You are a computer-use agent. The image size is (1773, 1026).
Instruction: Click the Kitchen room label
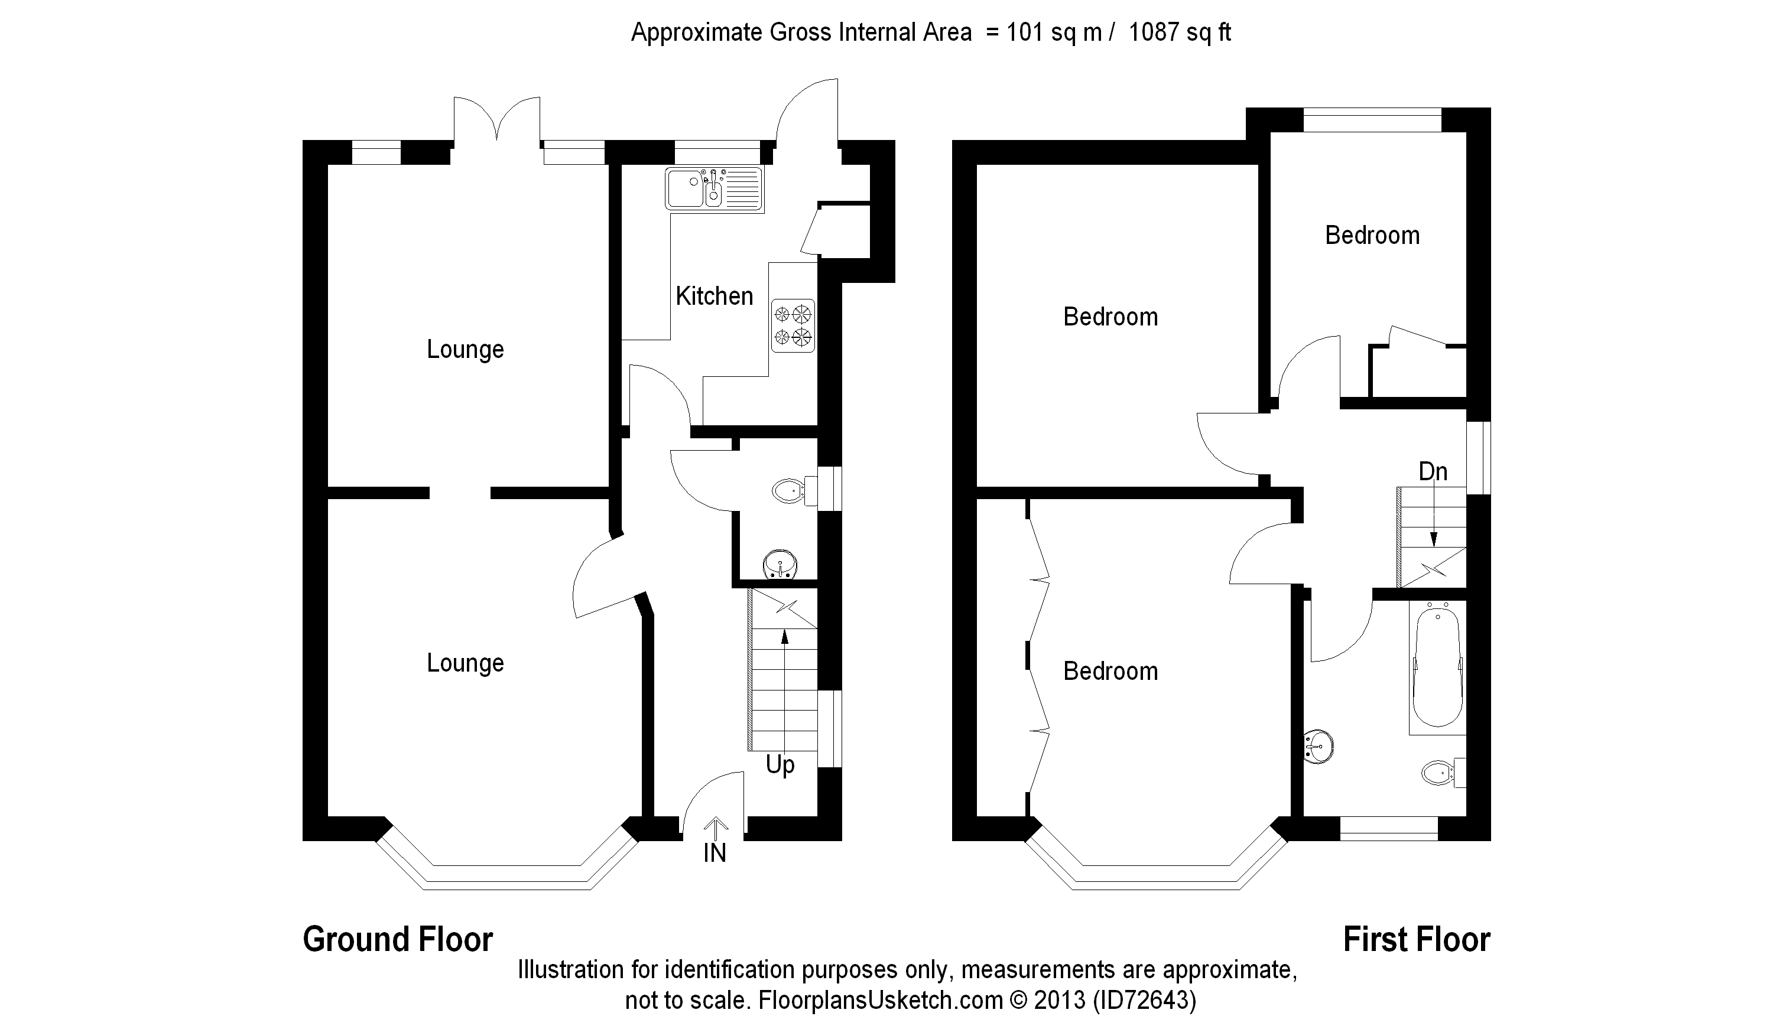tap(714, 296)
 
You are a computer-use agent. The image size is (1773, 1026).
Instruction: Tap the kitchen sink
tap(714, 188)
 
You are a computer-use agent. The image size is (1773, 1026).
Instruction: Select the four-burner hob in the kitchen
tap(793, 325)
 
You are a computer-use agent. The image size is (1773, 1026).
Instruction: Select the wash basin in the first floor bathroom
tap(1319, 746)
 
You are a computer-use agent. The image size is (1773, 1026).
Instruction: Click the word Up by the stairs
tap(780, 765)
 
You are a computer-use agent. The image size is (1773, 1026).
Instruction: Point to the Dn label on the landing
tap(1433, 471)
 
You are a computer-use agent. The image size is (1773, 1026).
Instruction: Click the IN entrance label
tap(715, 853)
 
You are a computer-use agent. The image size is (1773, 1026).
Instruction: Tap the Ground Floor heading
tap(398, 940)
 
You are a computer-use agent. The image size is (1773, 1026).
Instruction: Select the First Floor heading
tap(1417, 940)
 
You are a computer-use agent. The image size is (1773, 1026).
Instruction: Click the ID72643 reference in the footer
tap(1145, 999)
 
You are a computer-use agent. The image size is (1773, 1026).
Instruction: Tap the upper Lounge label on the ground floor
tap(465, 350)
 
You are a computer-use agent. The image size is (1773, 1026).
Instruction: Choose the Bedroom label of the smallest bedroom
tap(1372, 235)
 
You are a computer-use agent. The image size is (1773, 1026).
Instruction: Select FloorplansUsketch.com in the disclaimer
tap(880, 999)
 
